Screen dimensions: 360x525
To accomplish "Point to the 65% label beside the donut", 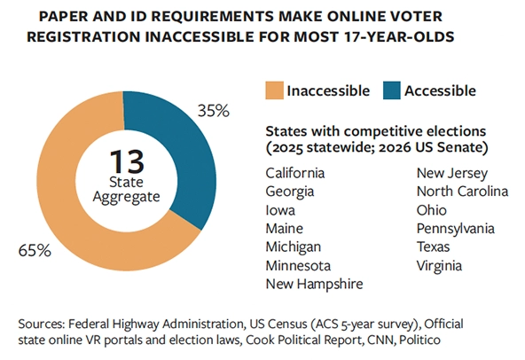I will (x=34, y=250).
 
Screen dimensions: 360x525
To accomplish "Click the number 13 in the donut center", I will (x=128, y=163).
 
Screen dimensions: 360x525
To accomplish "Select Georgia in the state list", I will (x=289, y=191).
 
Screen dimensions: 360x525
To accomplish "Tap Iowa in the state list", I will (x=280, y=209).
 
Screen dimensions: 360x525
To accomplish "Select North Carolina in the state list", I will (x=462, y=191).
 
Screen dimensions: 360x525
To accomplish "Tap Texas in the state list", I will (x=435, y=247).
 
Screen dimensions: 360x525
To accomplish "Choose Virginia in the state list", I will (x=440, y=265).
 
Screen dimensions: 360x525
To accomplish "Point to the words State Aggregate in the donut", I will (x=128, y=188).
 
